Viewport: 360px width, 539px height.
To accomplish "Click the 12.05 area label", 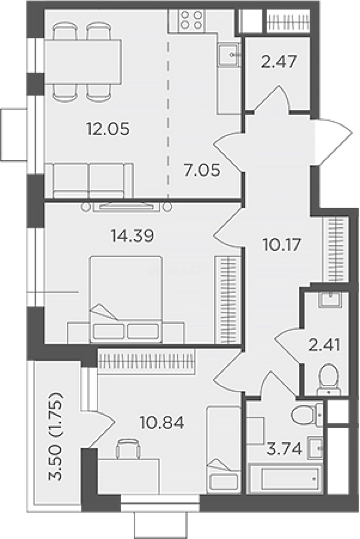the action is click(108, 129).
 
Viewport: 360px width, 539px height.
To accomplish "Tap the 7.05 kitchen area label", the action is click(202, 170).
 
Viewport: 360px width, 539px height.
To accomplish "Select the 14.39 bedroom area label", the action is click(132, 236).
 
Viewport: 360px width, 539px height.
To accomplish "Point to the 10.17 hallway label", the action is click(282, 245).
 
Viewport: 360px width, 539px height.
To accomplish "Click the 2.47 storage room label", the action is click(279, 62).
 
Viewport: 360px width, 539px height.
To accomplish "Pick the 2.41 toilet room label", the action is click(324, 345).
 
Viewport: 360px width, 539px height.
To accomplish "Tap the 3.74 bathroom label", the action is click(285, 449).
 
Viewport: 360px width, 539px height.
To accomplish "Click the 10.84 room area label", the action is click(162, 423).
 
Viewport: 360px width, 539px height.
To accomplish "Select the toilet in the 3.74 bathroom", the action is click(307, 414).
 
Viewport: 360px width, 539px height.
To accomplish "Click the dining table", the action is click(83, 62).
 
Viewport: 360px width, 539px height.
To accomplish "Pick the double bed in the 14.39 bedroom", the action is click(125, 299).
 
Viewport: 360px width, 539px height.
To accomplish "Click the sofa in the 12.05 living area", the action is click(89, 181).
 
